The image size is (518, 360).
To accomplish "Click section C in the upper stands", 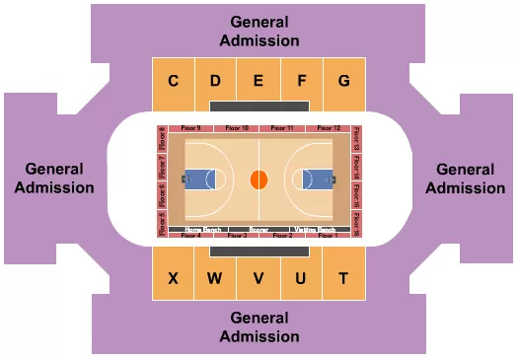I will click(x=173, y=81).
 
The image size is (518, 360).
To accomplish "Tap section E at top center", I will click(x=259, y=81).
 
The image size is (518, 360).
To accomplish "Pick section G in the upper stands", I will click(x=343, y=81).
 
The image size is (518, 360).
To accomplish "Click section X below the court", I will click(x=173, y=278).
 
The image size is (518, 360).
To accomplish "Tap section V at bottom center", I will click(x=259, y=278).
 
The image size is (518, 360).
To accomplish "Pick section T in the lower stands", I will click(x=343, y=278).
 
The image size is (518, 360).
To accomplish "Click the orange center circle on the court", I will click(x=259, y=180).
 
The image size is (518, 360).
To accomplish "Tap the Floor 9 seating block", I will click(x=191, y=128).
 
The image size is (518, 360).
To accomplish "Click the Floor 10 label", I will click(x=237, y=128).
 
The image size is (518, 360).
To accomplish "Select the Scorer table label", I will click(x=259, y=229).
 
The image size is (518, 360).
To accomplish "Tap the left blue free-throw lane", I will click(x=199, y=180).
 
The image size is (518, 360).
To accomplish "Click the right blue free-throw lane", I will click(x=318, y=180).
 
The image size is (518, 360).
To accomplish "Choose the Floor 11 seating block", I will click(x=282, y=128).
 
